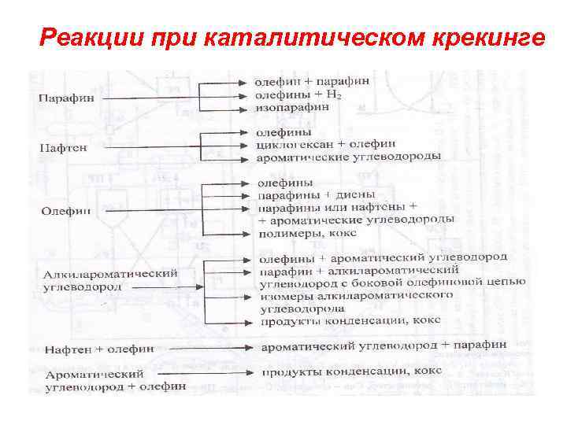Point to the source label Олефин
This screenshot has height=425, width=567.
(66, 210)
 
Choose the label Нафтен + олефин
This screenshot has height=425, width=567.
(99, 348)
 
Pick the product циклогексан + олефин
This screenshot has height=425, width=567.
(326, 144)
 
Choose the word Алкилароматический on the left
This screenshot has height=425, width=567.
(110, 274)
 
